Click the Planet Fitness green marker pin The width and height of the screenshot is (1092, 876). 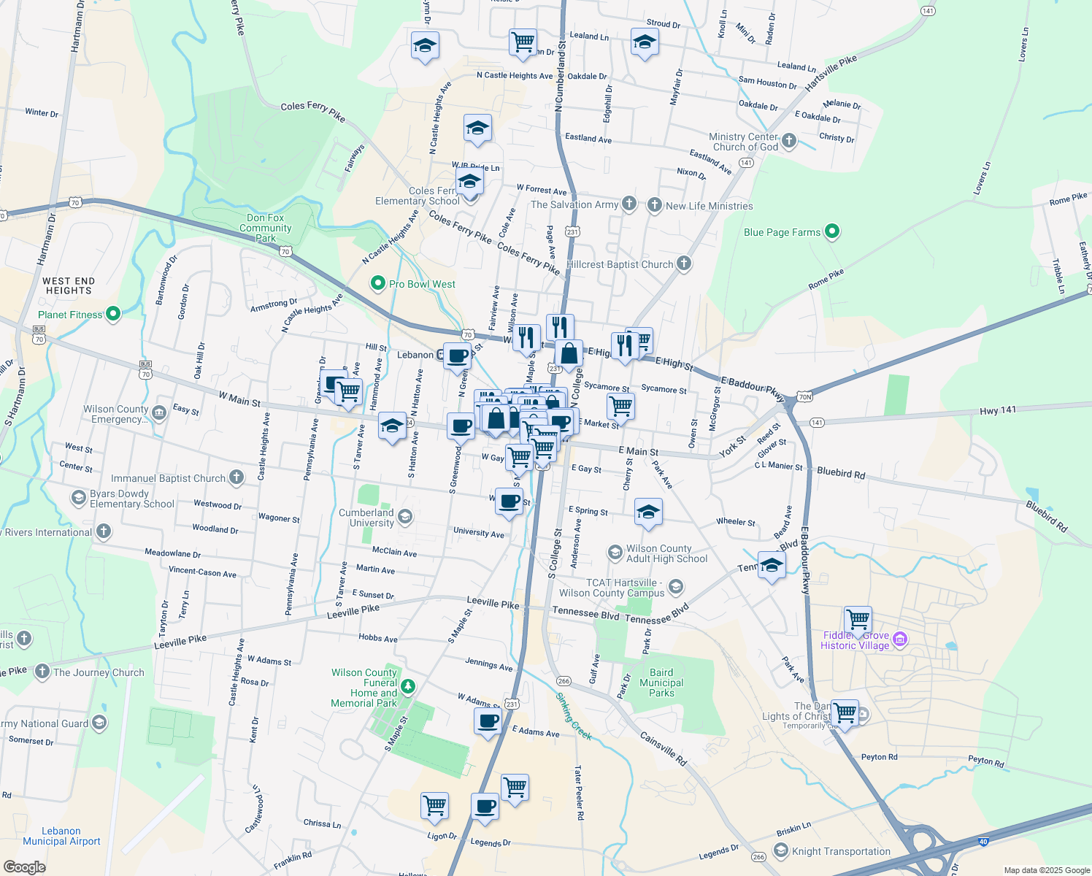pyautogui.click(x=113, y=315)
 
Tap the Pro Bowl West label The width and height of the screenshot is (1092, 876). pyautogui.click(x=422, y=284)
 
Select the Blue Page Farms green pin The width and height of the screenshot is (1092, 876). pyautogui.click(x=832, y=232)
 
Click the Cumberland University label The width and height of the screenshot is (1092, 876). pyautogui.click(x=372, y=518)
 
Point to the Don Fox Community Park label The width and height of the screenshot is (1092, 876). pyautogui.click(x=266, y=228)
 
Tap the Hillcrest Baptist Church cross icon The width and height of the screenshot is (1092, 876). pyautogui.click(x=684, y=264)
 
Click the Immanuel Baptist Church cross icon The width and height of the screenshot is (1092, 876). pyautogui.click(x=236, y=478)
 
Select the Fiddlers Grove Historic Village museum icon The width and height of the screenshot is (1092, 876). pyautogui.click(x=900, y=639)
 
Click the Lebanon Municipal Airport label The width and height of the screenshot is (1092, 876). pyautogui.click(x=61, y=836)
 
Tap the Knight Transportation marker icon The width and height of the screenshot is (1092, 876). pyautogui.click(x=781, y=851)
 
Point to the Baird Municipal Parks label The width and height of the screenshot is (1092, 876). pyautogui.click(x=661, y=683)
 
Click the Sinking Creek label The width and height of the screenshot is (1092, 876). pyautogui.click(x=574, y=717)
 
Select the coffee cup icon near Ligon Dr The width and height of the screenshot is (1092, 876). pyautogui.click(x=485, y=807)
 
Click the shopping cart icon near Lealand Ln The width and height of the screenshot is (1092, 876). pyautogui.click(x=523, y=42)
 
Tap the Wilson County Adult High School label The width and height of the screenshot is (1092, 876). pyautogui.click(x=666, y=553)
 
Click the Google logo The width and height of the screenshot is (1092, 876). pyautogui.click(x=24, y=867)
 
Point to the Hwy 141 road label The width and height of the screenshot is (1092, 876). pyautogui.click(x=997, y=411)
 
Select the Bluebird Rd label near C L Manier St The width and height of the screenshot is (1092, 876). pyautogui.click(x=841, y=473)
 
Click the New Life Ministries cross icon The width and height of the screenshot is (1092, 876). pyautogui.click(x=654, y=205)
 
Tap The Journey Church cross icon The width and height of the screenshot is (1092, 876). pyautogui.click(x=42, y=672)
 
